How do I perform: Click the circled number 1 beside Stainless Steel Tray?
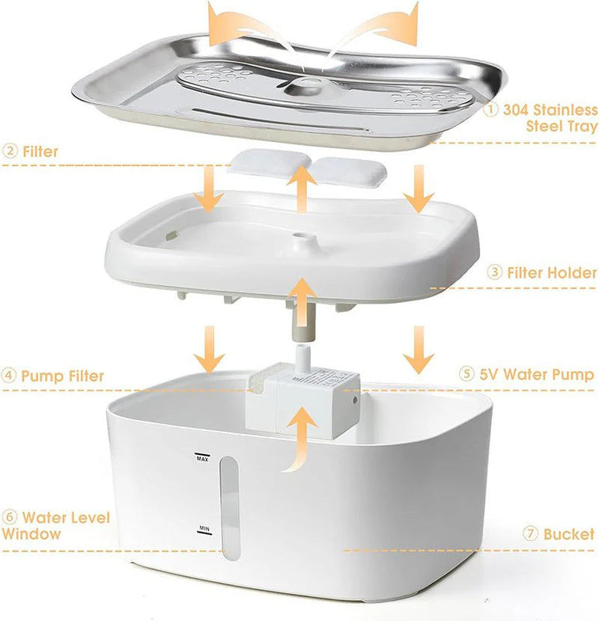(x=491, y=110)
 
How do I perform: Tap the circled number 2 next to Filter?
(x=10, y=151)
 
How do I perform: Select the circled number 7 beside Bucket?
(x=531, y=534)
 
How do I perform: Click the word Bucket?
(x=569, y=534)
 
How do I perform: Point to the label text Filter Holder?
(x=552, y=272)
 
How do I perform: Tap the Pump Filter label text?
(x=63, y=375)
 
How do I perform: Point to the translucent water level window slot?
(x=230, y=505)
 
